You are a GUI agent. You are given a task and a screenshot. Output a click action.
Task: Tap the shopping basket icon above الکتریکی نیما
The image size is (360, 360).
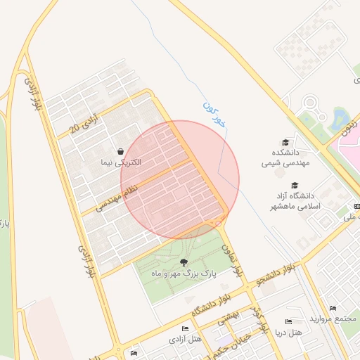(x=120, y=151)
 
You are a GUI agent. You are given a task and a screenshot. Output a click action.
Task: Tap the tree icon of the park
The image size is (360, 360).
(x=184, y=262)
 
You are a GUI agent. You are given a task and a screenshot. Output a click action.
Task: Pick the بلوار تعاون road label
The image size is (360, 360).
(x=233, y=259)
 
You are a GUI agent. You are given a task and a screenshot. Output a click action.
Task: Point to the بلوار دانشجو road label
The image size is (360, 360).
(x=281, y=274)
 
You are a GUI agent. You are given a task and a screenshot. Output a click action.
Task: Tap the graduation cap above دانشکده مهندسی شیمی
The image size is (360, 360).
(x=285, y=143)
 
